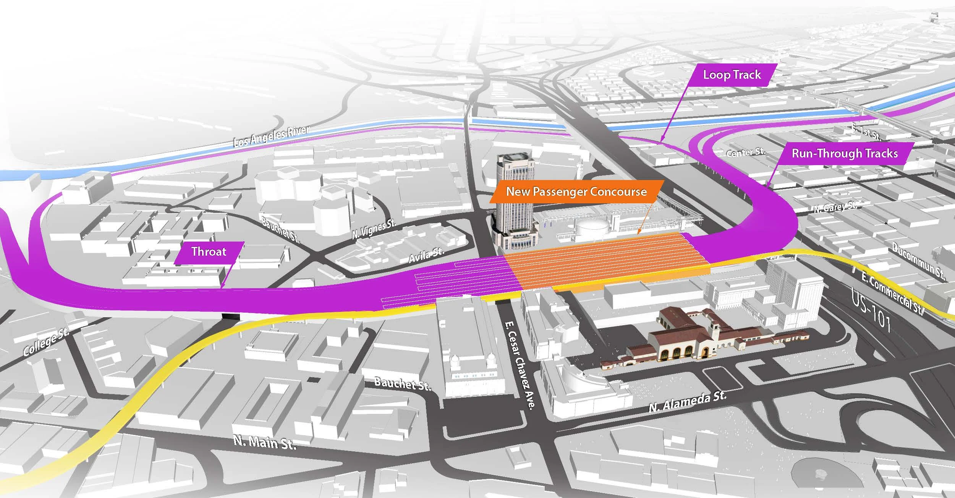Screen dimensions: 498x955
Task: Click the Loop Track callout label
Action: pyautogui.click(x=732, y=75)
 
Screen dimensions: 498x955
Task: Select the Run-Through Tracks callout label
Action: pyautogui.click(x=845, y=154)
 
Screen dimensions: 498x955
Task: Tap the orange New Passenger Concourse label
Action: pyautogui.click(x=576, y=192)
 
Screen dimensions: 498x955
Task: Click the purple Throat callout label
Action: pyautogui.click(x=209, y=252)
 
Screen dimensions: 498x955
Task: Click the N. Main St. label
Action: pyautogui.click(x=264, y=443)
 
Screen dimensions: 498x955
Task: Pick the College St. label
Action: pyautogui.click(x=46, y=342)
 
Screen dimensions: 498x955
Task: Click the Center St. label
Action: pyautogui.click(x=746, y=152)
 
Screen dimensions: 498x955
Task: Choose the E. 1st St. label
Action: pyautogui.click(x=866, y=132)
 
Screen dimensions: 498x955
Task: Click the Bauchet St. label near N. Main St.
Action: pyautogui.click(x=402, y=383)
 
